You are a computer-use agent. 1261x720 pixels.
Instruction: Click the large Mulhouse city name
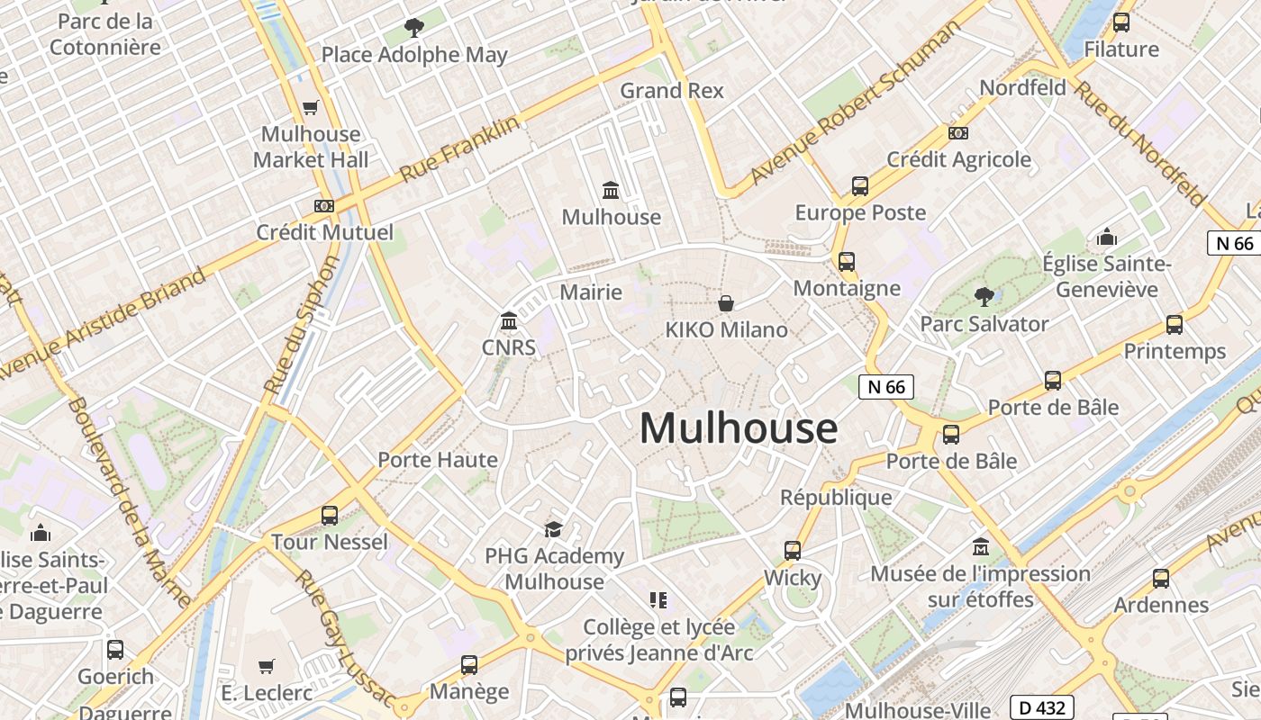click(x=738, y=428)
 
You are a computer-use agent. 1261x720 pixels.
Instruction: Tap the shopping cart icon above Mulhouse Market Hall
click(x=311, y=108)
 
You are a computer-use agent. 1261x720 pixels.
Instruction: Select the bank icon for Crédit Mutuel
click(x=324, y=206)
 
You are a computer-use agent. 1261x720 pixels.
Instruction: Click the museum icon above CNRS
click(x=509, y=321)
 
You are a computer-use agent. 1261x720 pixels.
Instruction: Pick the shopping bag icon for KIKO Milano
click(x=726, y=304)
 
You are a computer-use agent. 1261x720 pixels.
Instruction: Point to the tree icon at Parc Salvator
click(x=984, y=296)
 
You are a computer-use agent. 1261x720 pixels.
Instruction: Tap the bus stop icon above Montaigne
click(x=847, y=262)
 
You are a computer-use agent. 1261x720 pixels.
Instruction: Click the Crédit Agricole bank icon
click(x=958, y=133)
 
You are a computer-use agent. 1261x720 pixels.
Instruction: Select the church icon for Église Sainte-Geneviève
click(x=1106, y=238)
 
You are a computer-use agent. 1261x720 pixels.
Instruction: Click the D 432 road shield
click(x=1041, y=707)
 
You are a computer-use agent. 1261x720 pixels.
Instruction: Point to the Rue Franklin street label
click(x=460, y=148)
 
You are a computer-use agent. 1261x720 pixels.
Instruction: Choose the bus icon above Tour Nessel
click(x=330, y=516)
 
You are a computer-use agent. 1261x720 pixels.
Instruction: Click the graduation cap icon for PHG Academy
click(x=553, y=529)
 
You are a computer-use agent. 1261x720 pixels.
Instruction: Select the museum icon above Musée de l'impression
click(x=981, y=547)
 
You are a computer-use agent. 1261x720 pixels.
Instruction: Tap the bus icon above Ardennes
click(x=1161, y=579)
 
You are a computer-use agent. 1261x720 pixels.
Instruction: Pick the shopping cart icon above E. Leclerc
click(x=266, y=667)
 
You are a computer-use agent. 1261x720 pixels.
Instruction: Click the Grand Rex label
click(x=672, y=91)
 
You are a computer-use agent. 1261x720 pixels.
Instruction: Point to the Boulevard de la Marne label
click(x=128, y=502)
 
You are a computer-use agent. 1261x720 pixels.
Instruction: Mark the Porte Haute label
click(x=438, y=460)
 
